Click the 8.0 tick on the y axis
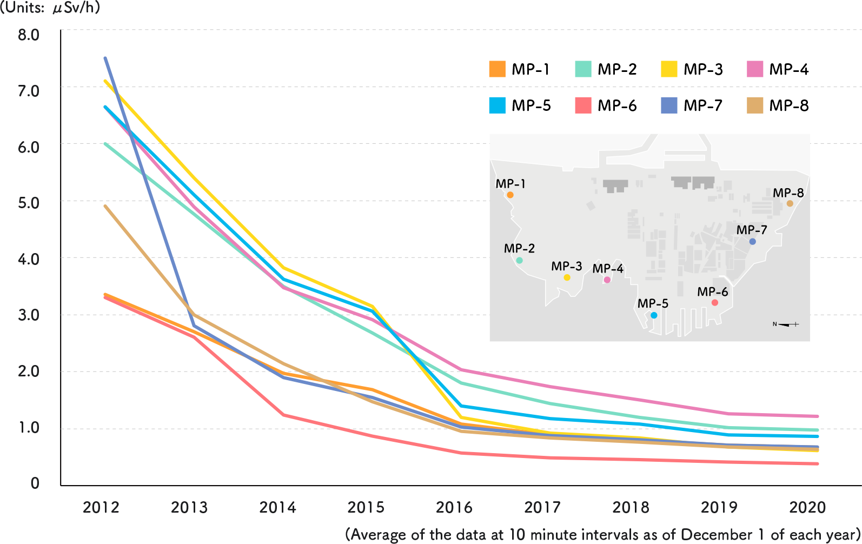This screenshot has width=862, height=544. [28, 35]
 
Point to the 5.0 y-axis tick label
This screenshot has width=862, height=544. [28, 203]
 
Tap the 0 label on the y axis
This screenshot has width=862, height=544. [35, 483]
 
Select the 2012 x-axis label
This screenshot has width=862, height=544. [101, 507]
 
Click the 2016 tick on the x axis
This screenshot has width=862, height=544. [454, 507]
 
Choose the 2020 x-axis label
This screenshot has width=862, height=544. [807, 507]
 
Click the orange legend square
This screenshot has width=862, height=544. [497, 69]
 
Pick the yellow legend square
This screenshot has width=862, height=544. [669, 69]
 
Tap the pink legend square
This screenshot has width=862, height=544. [755, 69]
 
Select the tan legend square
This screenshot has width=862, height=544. [755, 105]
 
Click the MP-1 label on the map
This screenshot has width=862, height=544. [510, 184]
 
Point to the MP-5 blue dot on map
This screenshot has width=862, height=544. [654, 315]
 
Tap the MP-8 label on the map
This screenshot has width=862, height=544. [788, 193]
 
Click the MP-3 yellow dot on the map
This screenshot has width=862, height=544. [567, 277]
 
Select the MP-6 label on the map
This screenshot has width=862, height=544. [712, 292]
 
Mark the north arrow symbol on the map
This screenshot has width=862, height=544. [786, 324]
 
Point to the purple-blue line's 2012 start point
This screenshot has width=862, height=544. [105, 58]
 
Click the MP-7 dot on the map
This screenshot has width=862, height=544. [752, 242]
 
